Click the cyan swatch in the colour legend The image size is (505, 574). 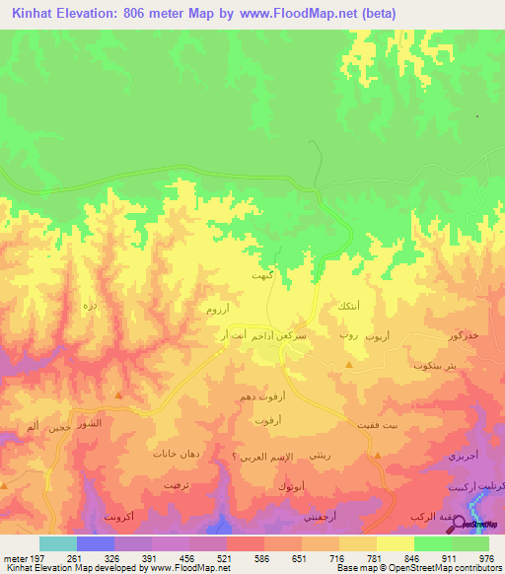coord(58,543)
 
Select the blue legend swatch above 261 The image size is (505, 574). coord(97,543)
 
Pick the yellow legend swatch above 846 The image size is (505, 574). coord(394,543)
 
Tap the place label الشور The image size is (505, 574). coord(89,423)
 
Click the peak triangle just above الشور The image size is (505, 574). coord(118,396)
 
